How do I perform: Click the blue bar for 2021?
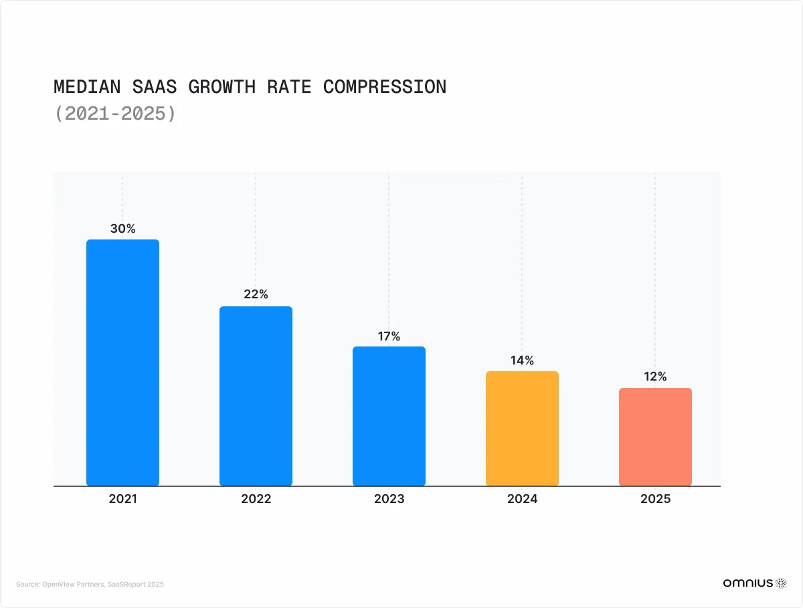click(x=122, y=362)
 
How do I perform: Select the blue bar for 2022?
click(x=256, y=395)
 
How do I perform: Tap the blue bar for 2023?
click(x=389, y=415)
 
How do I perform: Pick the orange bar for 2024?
click(x=522, y=428)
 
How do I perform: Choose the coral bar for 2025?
click(x=655, y=436)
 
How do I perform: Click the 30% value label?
click(x=122, y=229)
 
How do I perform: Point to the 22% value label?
click(x=256, y=294)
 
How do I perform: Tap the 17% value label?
click(x=389, y=336)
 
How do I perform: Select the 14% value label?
click(x=522, y=361)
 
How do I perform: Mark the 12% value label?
click(x=655, y=377)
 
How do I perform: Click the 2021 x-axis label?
click(x=122, y=499)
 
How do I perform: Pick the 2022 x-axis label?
click(x=256, y=499)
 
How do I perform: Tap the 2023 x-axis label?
click(x=389, y=499)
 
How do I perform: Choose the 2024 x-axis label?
click(x=522, y=499)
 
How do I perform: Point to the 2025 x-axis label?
click(x=655, y=499)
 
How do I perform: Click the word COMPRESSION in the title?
click(x=385, y=87)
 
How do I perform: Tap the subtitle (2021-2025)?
click(x=115, y=114)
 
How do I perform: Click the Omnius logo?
click(x=754, y=583)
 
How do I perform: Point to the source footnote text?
click(x=90, y=584)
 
